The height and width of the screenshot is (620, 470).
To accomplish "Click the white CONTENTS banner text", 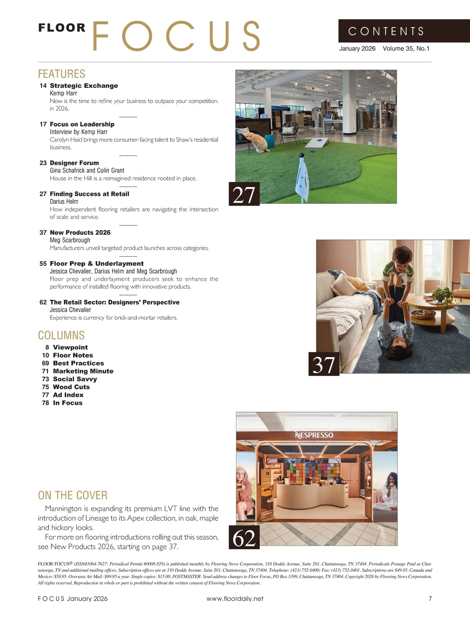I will click(x=386, y=31).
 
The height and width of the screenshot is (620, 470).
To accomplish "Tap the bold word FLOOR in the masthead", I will click(x=62, y=28).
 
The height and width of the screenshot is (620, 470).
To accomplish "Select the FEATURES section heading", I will click(x=61, y=74).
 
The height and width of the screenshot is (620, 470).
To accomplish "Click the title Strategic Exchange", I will click(x=84, y=85).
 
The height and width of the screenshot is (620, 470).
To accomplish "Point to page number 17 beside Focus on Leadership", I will click(x=43, y=124).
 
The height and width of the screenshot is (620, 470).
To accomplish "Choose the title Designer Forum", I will click(x=74, y=163).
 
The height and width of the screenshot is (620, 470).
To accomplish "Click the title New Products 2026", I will click(x=80, y=232).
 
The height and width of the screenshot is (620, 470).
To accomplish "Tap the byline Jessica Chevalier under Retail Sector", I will click(x=70, y=310).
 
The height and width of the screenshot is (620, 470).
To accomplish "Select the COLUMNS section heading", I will click(x=61, y=335).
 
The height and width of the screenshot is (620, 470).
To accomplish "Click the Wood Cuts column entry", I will click(x=71, y=387).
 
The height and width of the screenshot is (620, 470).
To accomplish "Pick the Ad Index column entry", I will click(x=68, y=395).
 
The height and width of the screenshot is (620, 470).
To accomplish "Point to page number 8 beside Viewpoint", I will click(x=47, y=347).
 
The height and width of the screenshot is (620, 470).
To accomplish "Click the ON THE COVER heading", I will click(x=72, y=495).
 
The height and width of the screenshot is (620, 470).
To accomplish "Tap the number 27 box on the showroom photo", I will click(x=244, y=194).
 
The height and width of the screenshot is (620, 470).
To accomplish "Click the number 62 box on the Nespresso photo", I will click(x=244, y=537).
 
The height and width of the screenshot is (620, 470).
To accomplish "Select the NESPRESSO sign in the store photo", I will click(x=314, y=435).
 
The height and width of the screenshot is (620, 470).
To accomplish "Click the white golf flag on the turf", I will click(x=304, y=176).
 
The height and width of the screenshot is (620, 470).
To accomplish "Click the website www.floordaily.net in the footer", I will click(x=235, y=598).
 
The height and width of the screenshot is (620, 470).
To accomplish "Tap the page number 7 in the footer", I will click(x=430, y=598).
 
